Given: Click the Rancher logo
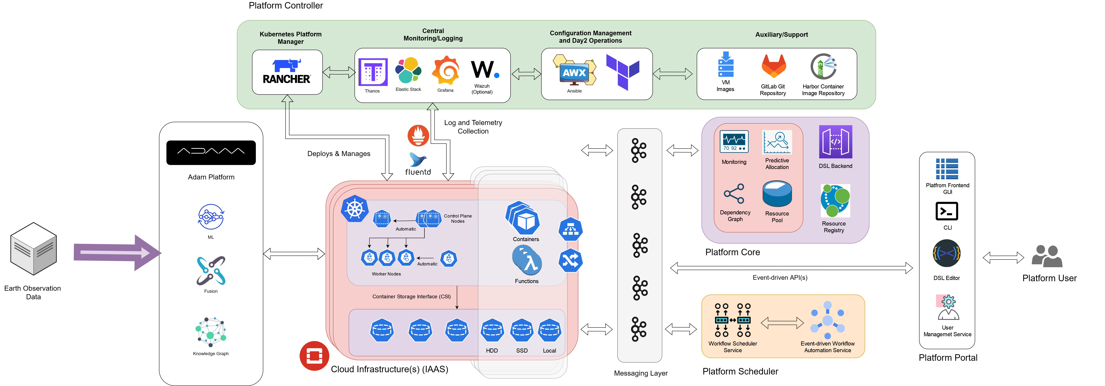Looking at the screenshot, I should [286, 72].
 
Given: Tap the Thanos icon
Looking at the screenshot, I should [373, 72].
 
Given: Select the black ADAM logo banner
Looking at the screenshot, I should [211, 153].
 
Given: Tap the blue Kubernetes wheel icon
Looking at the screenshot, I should [355, 209].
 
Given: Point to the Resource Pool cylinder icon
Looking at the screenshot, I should [777, 194].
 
